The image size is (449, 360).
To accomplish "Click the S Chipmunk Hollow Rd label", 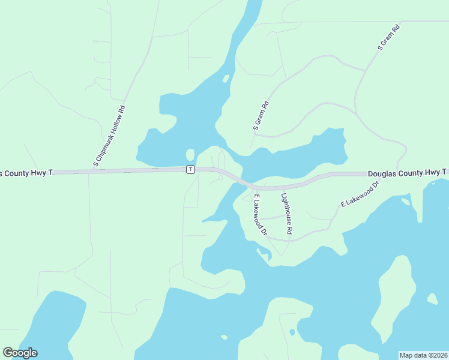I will click(109, 136).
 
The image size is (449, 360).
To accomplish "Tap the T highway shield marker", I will click(190, 170).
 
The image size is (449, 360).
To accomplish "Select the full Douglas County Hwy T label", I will click(407, 173).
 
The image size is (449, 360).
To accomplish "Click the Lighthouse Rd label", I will click(287, 213).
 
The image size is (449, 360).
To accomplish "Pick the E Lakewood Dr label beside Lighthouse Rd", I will click(260, 214).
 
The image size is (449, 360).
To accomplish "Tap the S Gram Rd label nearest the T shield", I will click(261, 115).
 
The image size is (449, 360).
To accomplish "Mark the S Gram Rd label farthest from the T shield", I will click(388, 37).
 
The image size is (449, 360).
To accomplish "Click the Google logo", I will click(20, 353).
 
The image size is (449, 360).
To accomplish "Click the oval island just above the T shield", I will click(190, 154).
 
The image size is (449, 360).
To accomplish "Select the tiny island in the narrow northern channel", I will click(226, 78).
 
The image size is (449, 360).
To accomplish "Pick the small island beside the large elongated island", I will click(432, 298).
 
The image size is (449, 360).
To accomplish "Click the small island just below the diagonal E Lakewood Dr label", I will click(406, 201).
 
